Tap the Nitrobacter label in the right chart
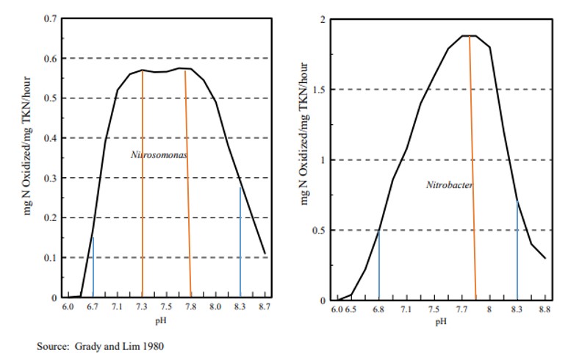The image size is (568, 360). click(x=449, y=185)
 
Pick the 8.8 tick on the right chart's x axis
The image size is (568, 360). click(x=544, y=309)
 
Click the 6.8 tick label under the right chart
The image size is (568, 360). click(x=378, y=309)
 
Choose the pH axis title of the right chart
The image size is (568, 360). click(x=441, y=321)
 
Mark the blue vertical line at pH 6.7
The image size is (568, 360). click(x=93, y=268)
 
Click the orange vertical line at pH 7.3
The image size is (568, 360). click(x=143, y=184)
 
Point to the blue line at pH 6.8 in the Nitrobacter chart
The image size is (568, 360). click(x=378, y=264)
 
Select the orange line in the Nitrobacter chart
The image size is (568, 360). click(x=472, y=169)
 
